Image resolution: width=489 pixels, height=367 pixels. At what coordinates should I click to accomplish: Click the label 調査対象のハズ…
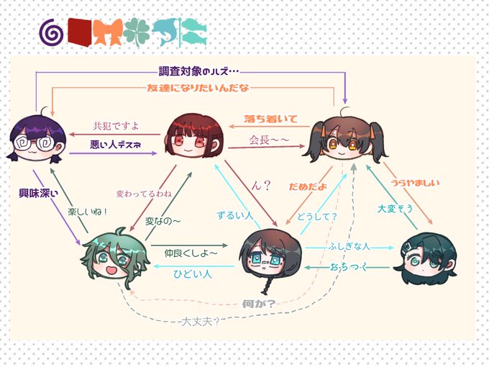click(198, 72)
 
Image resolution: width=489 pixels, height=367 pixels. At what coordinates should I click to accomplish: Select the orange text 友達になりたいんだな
click(198, 88)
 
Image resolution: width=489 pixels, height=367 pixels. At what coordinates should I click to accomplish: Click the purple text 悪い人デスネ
click(115, 145)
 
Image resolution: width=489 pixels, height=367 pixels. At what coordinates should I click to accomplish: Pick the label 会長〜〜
click(269, 139)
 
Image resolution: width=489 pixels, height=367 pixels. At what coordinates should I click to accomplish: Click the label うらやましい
click(415, 183)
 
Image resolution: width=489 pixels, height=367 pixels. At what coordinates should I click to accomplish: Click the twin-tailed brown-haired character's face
click(342, 142)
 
